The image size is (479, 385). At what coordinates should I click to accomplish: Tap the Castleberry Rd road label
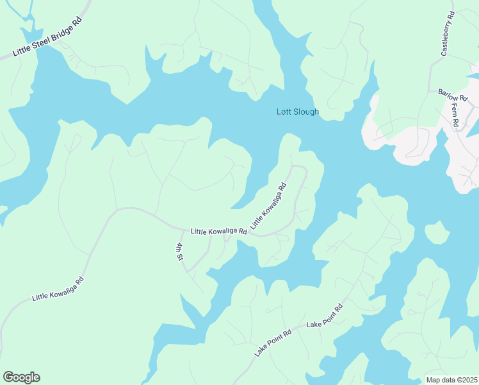click(447, 33)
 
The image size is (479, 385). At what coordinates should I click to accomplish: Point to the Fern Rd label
click(456, 116)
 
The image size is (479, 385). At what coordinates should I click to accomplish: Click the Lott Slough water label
click(297, 112)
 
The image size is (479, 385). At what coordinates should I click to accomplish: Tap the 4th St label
click(181, 252)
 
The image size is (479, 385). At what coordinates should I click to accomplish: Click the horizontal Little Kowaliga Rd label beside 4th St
click(218, 231)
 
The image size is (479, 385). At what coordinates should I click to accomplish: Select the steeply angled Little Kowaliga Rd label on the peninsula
click(268, 207)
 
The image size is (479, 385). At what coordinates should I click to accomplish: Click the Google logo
click(21, 377)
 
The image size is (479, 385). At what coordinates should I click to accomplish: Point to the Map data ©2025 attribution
click(451, 380)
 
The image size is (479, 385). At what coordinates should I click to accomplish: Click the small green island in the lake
click(436, 233)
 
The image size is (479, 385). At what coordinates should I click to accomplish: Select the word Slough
click(306, 112)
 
